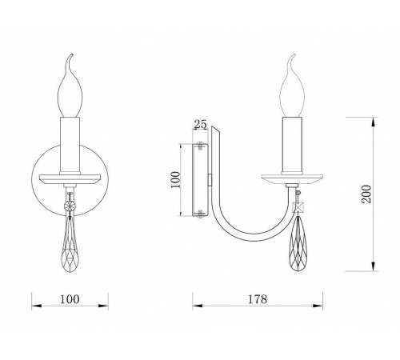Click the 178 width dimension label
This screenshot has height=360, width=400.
(258, 299)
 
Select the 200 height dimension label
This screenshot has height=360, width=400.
(366, 194)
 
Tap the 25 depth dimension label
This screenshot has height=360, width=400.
(200, 124)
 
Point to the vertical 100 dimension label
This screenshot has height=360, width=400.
(175, 179)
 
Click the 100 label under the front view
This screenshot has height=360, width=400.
(70, 299)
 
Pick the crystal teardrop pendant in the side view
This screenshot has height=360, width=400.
(297, 243)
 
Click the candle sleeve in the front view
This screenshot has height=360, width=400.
(70, 146)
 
